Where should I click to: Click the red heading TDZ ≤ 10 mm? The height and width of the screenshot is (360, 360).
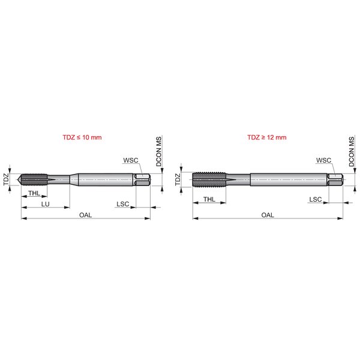coord(82,137)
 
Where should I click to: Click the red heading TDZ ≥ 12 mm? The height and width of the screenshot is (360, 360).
coord(267,137)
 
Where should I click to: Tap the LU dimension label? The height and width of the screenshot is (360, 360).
coord(45,204)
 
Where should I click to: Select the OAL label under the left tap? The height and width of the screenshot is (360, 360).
coord(85,215)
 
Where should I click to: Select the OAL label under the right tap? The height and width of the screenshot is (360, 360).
coord(268,215)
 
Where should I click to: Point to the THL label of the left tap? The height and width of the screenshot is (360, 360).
coord(34,193)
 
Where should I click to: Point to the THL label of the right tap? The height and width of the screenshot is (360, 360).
coord(209,199)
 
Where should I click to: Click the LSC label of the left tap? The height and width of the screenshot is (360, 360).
coord(123,204)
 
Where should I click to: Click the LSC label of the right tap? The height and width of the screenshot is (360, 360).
coord(316,199)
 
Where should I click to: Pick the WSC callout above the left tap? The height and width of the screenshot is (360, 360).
coord(131,160)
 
